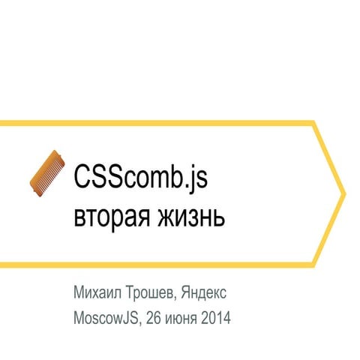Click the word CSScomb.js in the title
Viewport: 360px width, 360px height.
[140, 180]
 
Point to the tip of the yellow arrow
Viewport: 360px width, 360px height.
[344, 193]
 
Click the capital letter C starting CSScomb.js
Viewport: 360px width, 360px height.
[80, 179]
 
